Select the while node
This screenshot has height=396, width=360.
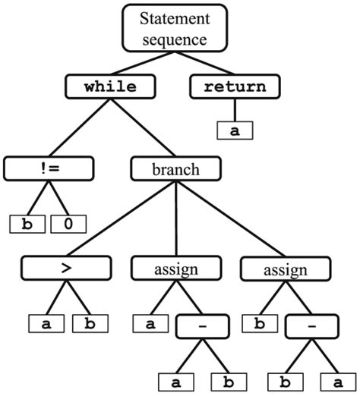tap(111, 86)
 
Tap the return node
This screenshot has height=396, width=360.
tap(235, 86)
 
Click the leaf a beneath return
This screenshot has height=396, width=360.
tap(235, 130)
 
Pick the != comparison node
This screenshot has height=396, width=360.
tap(49, 168)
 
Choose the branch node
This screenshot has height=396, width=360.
tap(176, 168)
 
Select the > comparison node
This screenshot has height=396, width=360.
tap(66, 268)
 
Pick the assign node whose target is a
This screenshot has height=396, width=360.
tap(176, 268)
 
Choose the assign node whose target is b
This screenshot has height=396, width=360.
tap(286, 268)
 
